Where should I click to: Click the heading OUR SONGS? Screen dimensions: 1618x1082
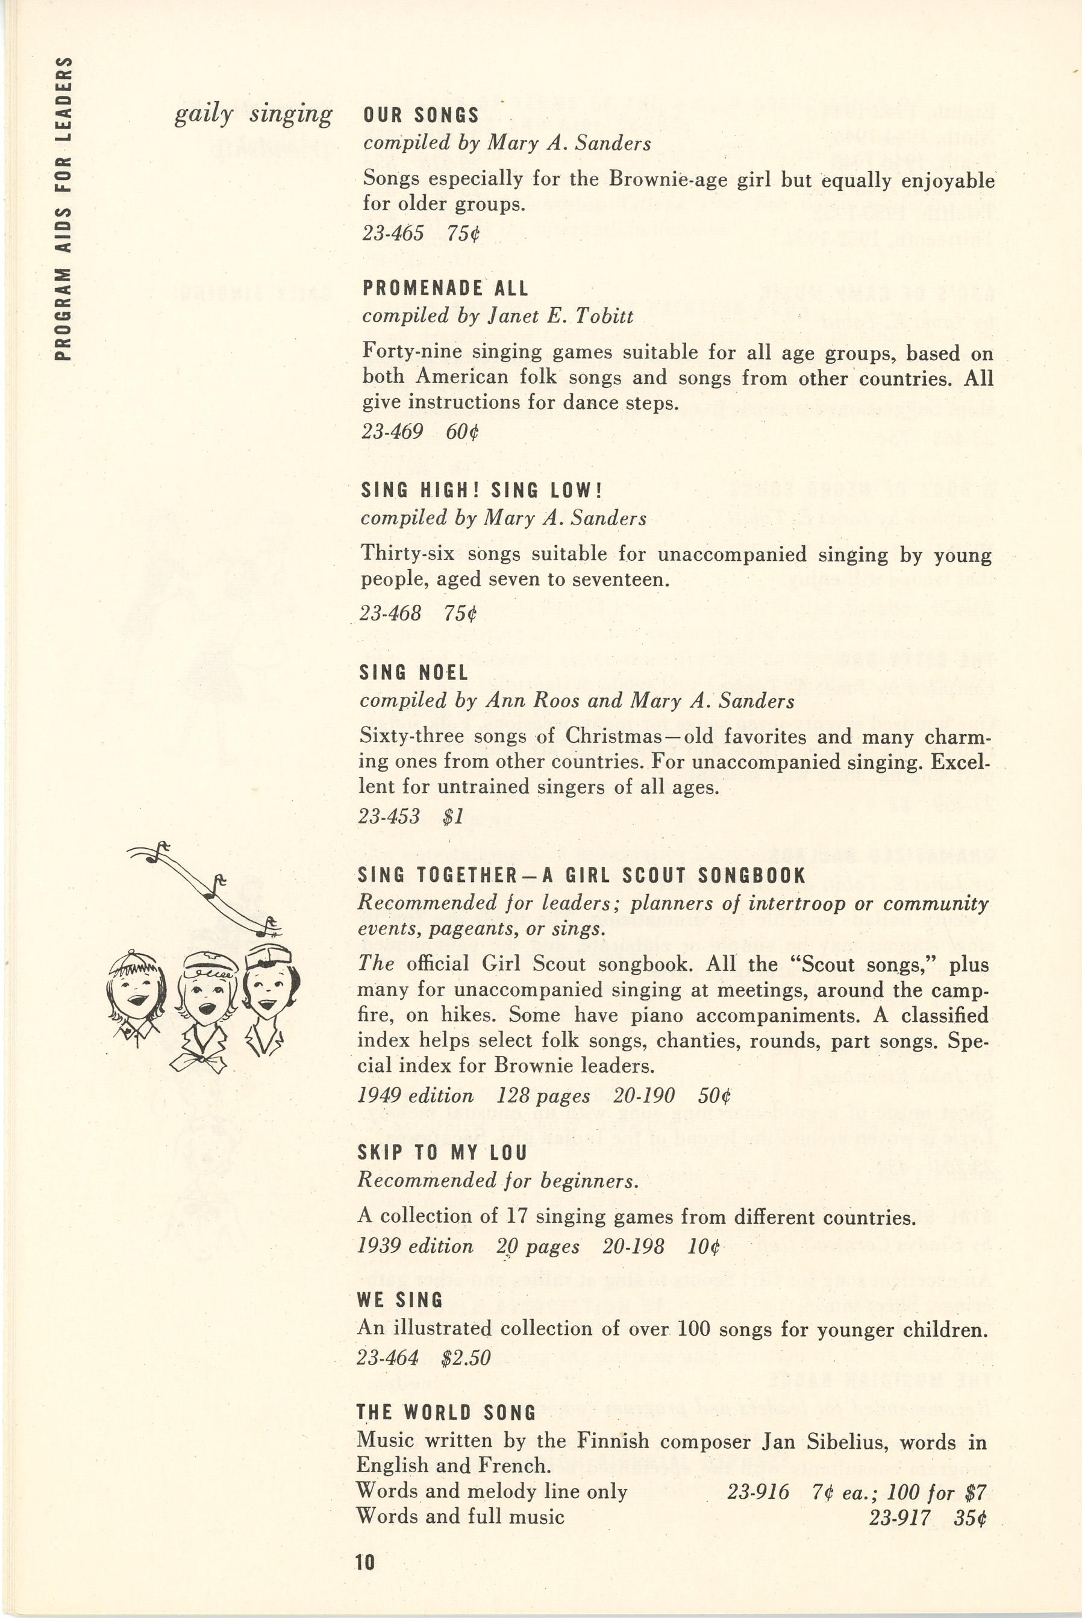coord(421,115)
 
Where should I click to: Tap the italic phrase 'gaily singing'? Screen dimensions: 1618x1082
coord(253,114)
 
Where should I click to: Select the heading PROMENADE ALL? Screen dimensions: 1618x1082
coord(445,289)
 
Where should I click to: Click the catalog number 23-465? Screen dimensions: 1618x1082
coord(393,234)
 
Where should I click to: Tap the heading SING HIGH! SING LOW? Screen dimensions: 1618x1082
coord(481,490)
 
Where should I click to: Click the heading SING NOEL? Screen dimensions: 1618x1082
coord(413,673)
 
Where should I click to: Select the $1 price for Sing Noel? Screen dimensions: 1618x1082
coord(452,817)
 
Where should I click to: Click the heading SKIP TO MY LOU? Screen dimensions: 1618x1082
coord(442,1153)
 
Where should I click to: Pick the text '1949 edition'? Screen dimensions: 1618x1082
coord(416,1096)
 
